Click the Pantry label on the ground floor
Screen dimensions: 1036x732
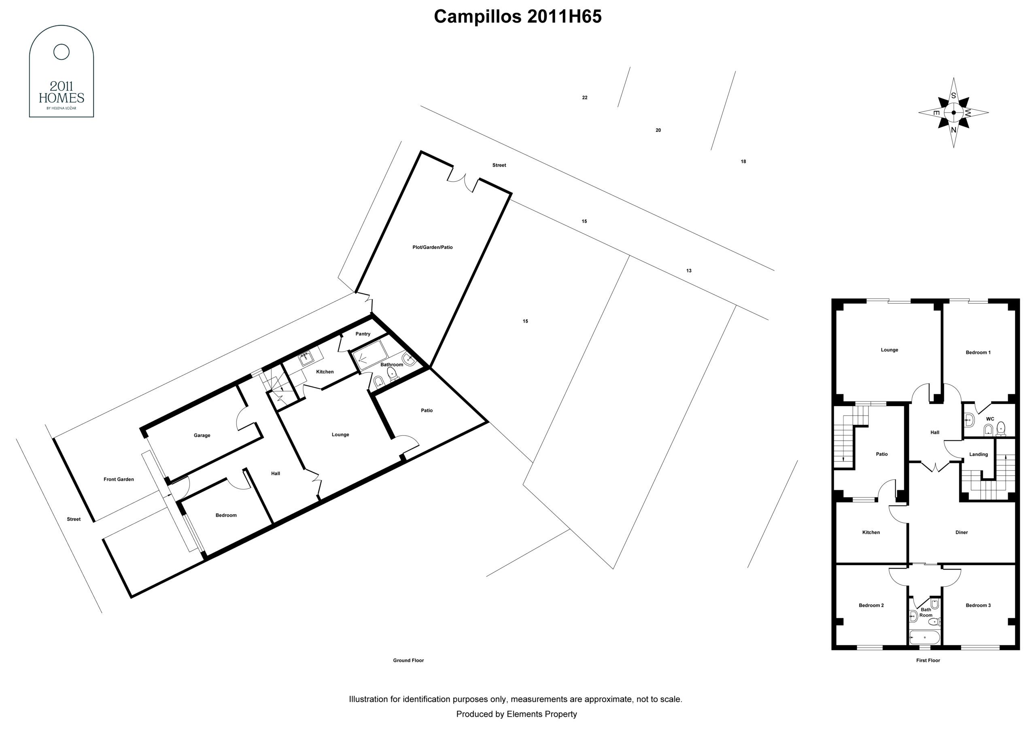363,334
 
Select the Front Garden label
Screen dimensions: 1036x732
119,479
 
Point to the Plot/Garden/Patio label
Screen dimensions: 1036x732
432,247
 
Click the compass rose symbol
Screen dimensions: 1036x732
953,112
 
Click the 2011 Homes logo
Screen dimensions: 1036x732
62,71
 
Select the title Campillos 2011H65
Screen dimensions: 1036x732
518,17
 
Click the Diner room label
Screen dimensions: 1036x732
962,533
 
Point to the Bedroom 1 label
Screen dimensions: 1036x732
978,352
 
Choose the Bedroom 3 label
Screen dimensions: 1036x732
978,605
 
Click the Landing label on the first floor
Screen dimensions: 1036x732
979,454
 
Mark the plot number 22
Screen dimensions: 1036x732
585,98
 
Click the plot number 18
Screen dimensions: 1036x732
743,161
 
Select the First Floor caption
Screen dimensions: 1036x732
928,660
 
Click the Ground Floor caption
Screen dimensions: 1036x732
408,660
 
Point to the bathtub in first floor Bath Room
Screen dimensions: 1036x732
925,638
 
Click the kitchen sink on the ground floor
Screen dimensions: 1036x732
306,359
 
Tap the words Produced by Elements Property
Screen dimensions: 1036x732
517,714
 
